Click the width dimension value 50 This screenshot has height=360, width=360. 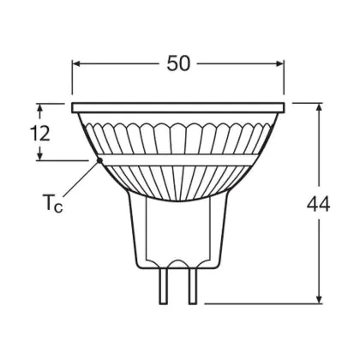coord(178,63)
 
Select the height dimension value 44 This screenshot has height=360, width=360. coord(318,204)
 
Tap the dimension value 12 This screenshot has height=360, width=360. coord(40,133)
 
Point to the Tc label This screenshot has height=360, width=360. coord(52,203)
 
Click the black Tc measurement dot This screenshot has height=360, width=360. coord(99,160)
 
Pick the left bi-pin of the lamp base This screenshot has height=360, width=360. coord(163,286)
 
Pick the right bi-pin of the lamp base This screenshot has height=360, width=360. coord(193,286)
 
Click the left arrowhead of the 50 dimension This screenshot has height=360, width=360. coord(75,63)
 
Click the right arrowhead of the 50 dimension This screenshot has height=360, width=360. coord(280,63)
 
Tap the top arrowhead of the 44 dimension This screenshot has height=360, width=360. coord(319,106)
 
